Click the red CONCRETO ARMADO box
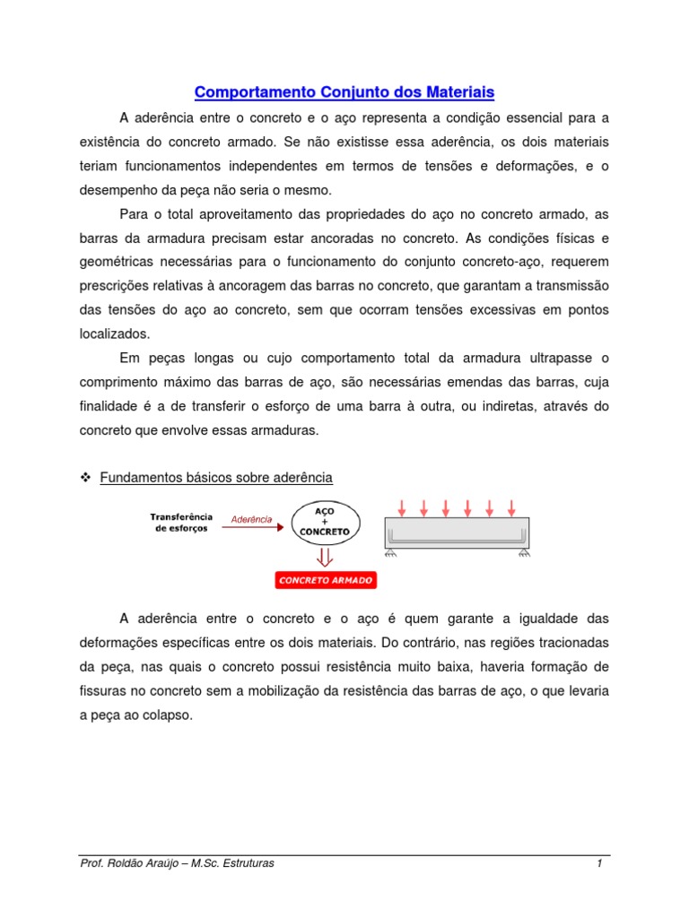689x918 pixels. click(326, 580)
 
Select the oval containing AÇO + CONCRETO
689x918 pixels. click(326, 520)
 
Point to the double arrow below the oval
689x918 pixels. click(326, 557)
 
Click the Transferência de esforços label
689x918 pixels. click(181, 522)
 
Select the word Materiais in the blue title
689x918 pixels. click(457, 92)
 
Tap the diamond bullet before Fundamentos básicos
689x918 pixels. click(87, 477)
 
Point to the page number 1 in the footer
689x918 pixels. click(598, 863)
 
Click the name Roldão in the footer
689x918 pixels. click(133, 863)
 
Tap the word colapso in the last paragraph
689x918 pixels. click(168, 715)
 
